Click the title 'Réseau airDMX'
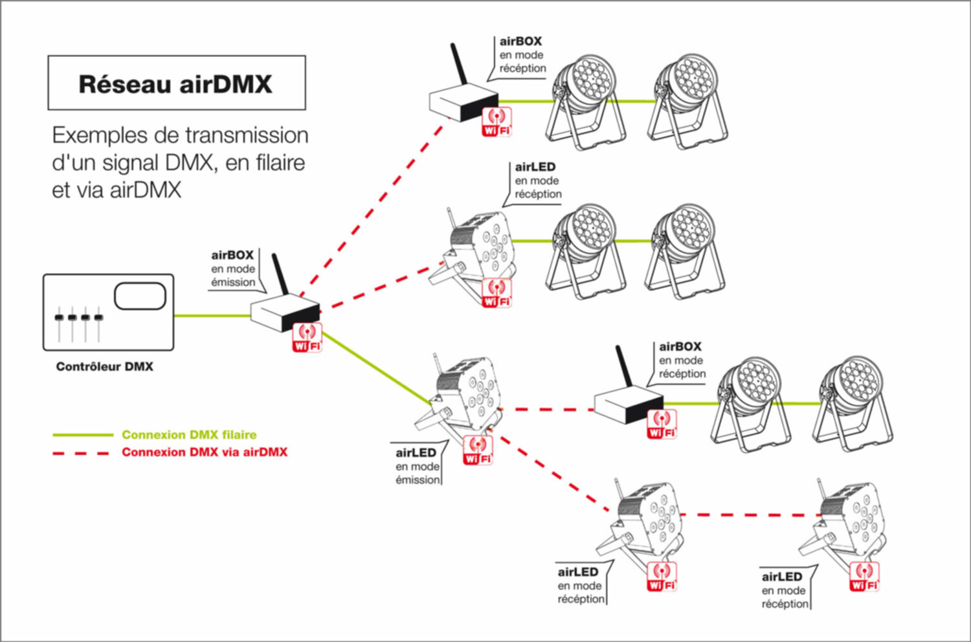pyautogui.click(x=175, y=84)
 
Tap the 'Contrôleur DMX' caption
pyautogui.click(x=105, y=367)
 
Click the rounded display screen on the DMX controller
pyautogui.click(x=140, y=296)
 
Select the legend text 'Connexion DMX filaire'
pyautogui.click(x=189, y=435)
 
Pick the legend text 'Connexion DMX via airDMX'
pyautogui.click(x=205, y=452)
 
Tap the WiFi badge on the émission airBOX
pyautogui.click(x=307, y=337)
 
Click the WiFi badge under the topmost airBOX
pyautogui.click(x=497, y=122)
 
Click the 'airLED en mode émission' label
pyautogui.click(x=418, y=466)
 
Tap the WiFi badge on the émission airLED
pyautogui.click(x=478, y=450)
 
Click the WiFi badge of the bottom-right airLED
pyautogui.click(x=864, y=577)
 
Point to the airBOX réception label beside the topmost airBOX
pyautogui.click(x=522, y=55)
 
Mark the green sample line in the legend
pyautogui.click(x=82, y=435)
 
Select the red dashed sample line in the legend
pyautogui.click(x=81, y=453)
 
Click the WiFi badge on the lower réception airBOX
pyautogui.click(x=662, y=425)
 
